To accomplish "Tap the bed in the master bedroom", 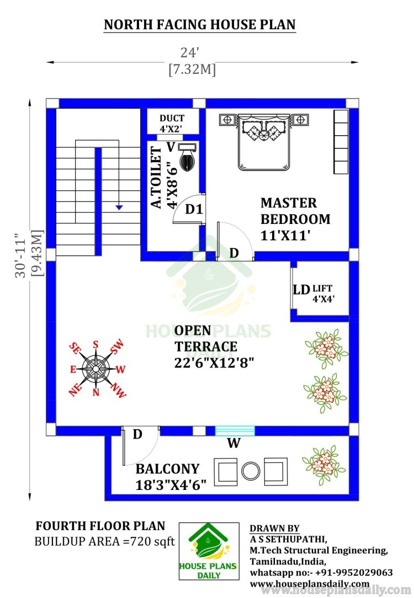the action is pyautogui.click(x=263, y=142).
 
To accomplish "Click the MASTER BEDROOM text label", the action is pyautogui.click(x=295, y=211).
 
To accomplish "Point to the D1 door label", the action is pyautogui.click(x=194, y=209).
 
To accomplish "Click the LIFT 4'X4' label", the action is pyautogui.click(x=323, y=293).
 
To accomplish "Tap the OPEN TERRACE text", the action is pyautogui.click(x=206, y=338).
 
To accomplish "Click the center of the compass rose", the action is pyautogui.click(x=95, y=369).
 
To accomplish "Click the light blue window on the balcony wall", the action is pyautogui.click(x=235, y=431).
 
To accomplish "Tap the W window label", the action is pyautogui.click(x=234, y=443).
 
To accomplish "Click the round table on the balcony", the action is pyautogui.click(x=251, y=471).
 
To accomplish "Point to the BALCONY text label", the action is pyautogui.click(x=167, y=469).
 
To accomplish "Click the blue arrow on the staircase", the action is pyautogui.click(x=119, y=207).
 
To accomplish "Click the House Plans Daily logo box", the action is pyautogui.click(x=209, y=551).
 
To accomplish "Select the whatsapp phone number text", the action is pyautogui.click(x=321, y=573).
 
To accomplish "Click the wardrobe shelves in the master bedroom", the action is pyautogui.click(x=341, y=142).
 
